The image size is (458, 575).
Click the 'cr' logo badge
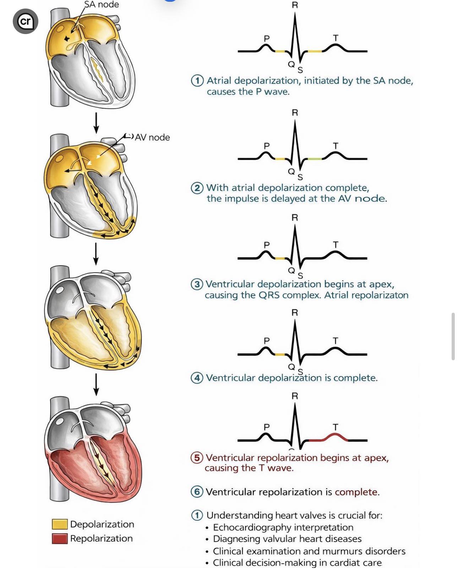click(x=26, y=21)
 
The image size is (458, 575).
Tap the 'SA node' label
click(x=102, y=4)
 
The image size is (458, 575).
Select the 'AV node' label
click(x=152, y=137)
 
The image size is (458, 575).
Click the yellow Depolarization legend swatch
click(x=60, y=524)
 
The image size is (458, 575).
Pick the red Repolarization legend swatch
click(x=60, y=538)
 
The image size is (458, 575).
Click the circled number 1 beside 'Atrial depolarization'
click(x=197, y=81)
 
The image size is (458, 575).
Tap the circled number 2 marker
click(x=197, y=188)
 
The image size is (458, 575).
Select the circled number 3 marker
click(x=197, y=284)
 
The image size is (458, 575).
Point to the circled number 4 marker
click(x=197, y=378)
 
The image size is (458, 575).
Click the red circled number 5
click(x=197, y=458)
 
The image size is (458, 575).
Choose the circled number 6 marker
click(x=197, y=492)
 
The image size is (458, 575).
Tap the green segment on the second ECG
click(x=315, y=159)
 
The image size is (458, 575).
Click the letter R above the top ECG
click(x=295, y=5)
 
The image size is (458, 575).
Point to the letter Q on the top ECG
click(x=291, y=64)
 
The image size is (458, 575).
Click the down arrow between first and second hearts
click(x=96, y=123)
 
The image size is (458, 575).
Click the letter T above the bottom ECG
click(x=336, y=427)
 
